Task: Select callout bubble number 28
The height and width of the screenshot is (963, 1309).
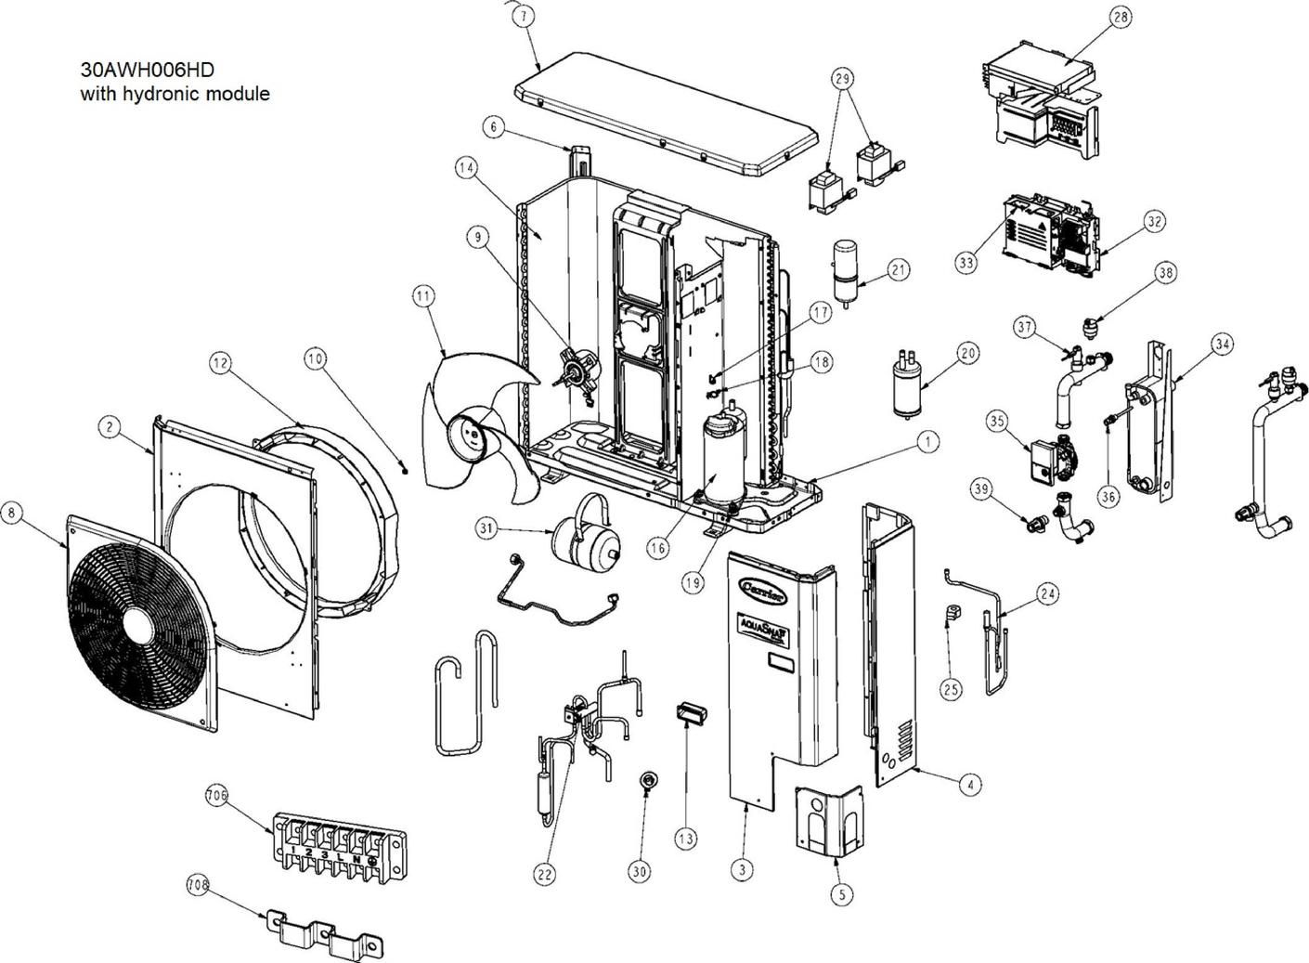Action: pos(1121,17)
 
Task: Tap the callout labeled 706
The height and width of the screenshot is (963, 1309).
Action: pos(216,795)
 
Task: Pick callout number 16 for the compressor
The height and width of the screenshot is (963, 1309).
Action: pos(657,549)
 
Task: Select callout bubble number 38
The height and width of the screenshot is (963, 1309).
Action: pos(1165,272)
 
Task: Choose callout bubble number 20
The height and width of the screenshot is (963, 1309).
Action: pos(967,353)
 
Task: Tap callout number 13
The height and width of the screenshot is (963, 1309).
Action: pos(685,839)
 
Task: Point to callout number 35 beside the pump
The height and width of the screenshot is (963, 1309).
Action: pos(997,421)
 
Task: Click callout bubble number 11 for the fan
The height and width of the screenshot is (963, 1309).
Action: pos(423,297)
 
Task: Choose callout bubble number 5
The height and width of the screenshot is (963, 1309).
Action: pos(840,893)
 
